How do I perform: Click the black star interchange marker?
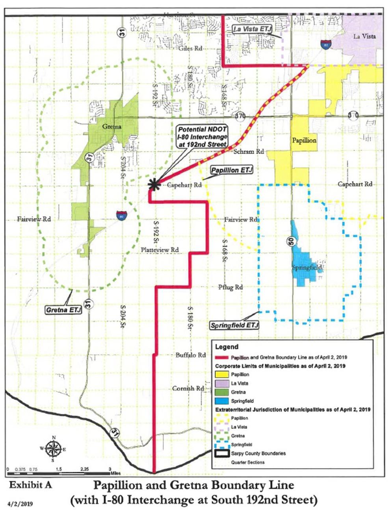point(153,184)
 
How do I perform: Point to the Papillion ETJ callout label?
point(231,170)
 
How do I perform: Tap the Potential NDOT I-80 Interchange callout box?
point(202,137)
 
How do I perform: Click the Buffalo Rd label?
point(190,355)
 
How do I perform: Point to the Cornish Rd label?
point(188,388)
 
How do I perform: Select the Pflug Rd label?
point(230,287)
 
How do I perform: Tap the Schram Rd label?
point(248,151)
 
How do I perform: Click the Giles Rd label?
point(190,48)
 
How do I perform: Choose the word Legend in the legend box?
point(227,347)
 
